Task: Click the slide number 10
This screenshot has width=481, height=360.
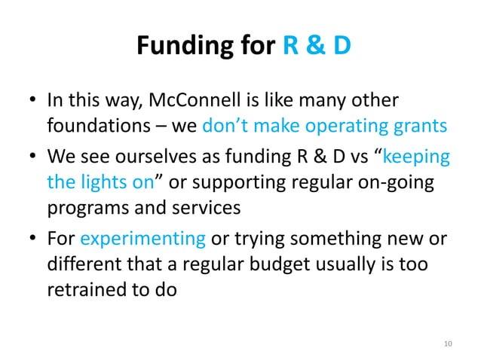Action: [448, 344]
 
